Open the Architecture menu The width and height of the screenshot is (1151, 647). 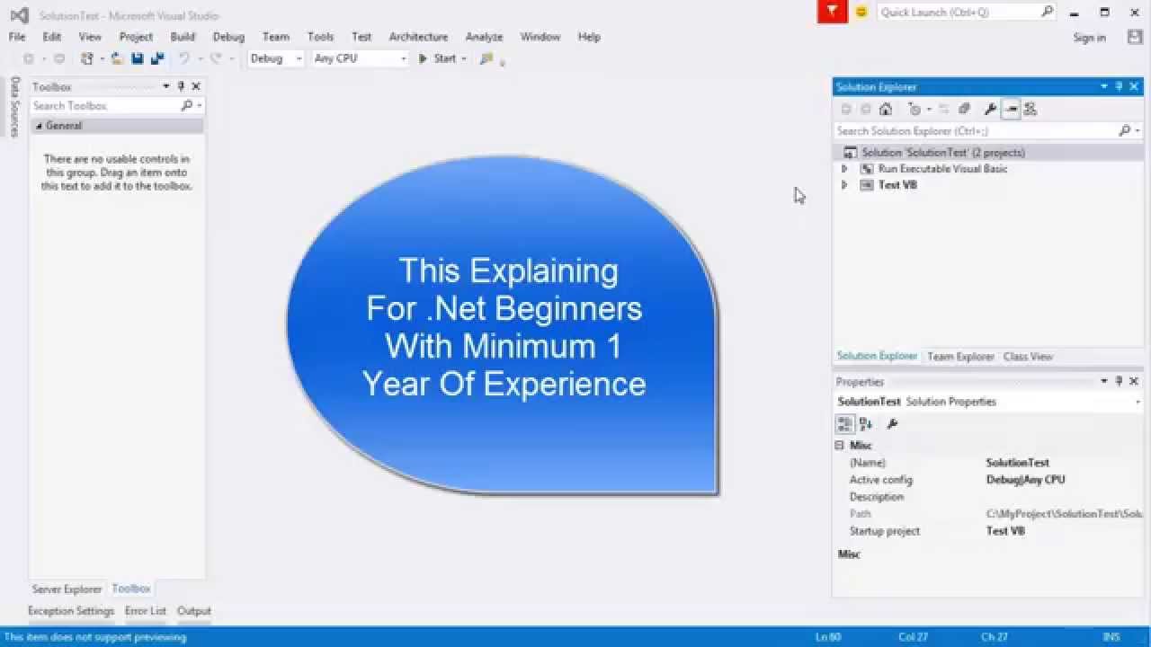418,37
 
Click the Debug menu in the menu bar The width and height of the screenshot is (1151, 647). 228,37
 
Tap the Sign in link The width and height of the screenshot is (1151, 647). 1089,38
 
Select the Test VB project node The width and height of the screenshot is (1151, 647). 897,185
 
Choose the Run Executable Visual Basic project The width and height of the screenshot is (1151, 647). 942,169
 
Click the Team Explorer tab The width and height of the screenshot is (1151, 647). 960,357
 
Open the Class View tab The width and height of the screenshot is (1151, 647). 1028,357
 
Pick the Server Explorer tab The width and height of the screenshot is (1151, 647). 67,589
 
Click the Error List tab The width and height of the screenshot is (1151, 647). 146,611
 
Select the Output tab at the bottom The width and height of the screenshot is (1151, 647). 193,611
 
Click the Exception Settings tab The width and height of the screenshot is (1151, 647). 71,611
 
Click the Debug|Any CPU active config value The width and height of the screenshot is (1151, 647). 1025,480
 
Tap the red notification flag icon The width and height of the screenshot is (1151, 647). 833,12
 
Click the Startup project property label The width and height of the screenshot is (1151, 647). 885,531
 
